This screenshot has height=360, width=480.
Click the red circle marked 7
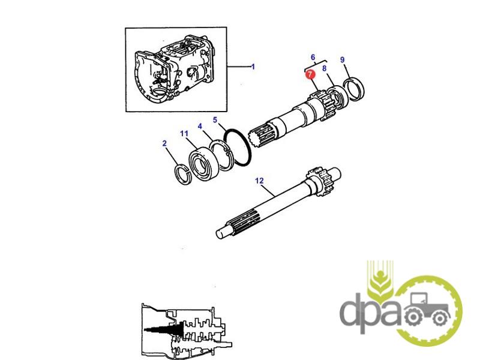[310, 74]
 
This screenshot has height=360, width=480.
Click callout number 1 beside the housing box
[253, 67]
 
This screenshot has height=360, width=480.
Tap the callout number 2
[164, 143]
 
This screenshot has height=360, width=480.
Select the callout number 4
[200, 126]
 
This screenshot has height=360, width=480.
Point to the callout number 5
[215, 119]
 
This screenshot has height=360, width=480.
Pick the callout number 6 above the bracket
[313, 57]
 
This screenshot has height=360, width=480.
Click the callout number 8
[324, 68]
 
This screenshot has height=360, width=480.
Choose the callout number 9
[342, 59]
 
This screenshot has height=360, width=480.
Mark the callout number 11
[184, 133]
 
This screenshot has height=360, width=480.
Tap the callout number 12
[259, 181]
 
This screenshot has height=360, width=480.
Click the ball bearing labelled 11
[203, 164]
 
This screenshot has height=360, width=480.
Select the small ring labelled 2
[183, 175]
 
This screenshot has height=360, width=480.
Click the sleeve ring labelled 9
[354, 89]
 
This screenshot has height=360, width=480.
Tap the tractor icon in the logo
[427, 308]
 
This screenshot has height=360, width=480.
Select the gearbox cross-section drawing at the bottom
[187, 332]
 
